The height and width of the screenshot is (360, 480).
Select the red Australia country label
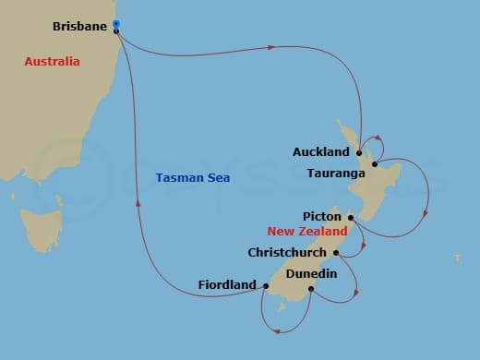pos(52,62)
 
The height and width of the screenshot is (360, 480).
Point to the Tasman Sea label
pos(193,177)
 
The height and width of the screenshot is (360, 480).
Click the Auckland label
pos(320,151)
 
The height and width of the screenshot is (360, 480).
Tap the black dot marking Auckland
pos(359,152)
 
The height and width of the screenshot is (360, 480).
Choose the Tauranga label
pos(339,172)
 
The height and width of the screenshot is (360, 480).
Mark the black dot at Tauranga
pos(375,165)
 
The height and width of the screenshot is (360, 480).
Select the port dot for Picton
pos(351,218)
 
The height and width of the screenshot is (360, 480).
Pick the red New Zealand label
pos(307,232)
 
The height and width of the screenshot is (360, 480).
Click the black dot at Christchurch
pos(336,252)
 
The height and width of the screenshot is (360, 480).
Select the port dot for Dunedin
pos(311,289)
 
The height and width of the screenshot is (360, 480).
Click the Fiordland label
pos(226,285)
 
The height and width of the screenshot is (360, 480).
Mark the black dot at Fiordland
pos(265,286)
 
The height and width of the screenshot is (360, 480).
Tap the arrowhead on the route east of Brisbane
pos(273,45)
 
